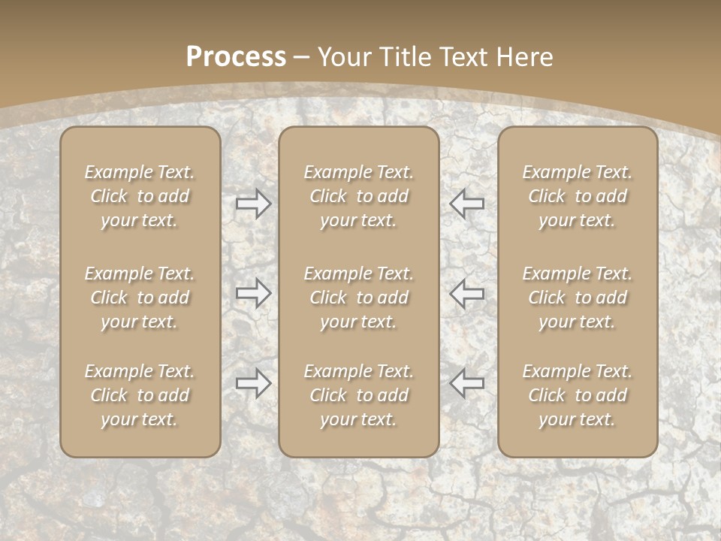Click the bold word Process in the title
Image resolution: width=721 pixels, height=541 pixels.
(x=236, y=57)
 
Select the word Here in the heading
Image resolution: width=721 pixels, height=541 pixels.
(x=526, y=57)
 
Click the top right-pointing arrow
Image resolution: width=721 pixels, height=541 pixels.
(x=254, y=204)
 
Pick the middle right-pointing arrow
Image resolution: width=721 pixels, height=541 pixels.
(x=254, y=293)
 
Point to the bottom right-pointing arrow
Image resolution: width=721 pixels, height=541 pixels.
(x=254, y=382)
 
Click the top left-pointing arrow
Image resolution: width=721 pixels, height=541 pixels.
(x=467, y=204)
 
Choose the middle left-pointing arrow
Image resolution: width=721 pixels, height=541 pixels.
(x=467, y=293)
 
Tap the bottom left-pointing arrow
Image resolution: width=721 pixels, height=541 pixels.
(x=467, y=382)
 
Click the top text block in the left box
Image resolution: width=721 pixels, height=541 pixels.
(x=140, y=196)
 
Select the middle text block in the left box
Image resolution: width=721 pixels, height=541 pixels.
(x=140, y=298)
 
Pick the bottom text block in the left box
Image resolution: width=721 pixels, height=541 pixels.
(x=140, y=395)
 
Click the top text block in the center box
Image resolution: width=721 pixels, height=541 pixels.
(x=359, y=196)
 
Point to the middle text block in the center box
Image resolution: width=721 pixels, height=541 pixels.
(x=359, y=298)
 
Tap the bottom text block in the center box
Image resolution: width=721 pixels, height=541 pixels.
(x=359, y=395)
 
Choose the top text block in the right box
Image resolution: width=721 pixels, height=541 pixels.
(x=578, y=196)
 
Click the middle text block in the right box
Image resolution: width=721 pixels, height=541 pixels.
(x=578, y=298)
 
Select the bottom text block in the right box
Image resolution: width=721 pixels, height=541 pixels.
(x=578, y=395)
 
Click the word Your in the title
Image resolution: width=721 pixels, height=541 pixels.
(x=345, y=57)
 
